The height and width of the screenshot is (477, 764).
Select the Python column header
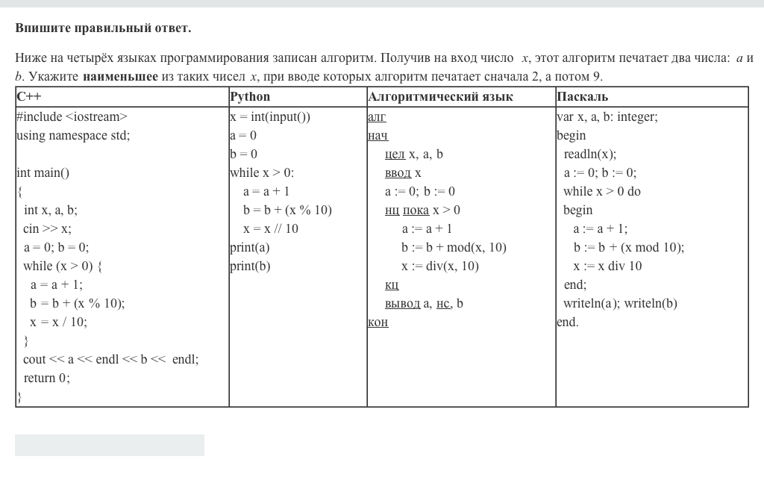[250, 97]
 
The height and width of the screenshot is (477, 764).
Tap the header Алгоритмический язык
[440, 97]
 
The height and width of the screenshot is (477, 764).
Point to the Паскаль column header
[582, 97]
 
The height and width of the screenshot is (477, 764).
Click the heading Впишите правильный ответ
[103, 28]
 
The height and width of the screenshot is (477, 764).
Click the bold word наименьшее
[120, 77]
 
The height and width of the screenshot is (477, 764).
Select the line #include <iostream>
[72, 116]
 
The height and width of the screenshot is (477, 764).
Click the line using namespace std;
[73, 135]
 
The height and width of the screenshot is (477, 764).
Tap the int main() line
[43, 172]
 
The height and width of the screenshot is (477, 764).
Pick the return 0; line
[46, 378]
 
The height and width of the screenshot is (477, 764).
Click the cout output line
[110, 359]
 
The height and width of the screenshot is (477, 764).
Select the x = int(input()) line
[270, 116]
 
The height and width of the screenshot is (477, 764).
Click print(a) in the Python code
[250, 247]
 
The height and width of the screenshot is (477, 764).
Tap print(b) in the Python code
[250, 266]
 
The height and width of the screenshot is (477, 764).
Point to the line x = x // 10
[270, 228]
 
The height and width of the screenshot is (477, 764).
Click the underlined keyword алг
[377, 116]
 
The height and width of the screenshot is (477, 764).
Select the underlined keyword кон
[378, 322]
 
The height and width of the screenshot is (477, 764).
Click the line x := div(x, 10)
[439, 266]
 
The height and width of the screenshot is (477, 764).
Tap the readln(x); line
[589, 154]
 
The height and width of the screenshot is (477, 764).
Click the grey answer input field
[110, 445]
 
